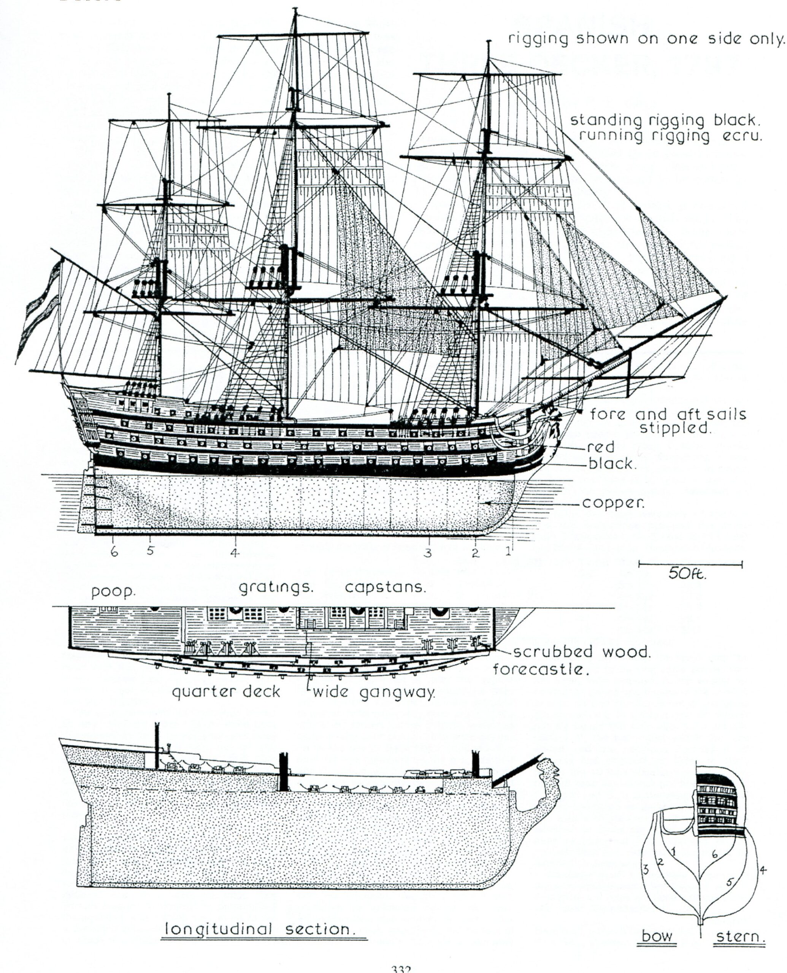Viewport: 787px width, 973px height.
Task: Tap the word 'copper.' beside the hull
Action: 614,504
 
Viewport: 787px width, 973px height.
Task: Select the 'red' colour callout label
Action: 601,447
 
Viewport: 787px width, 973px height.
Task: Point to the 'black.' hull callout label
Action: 612,464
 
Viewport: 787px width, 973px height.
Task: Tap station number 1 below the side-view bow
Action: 509,551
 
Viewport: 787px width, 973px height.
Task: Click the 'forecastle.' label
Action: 541,669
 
